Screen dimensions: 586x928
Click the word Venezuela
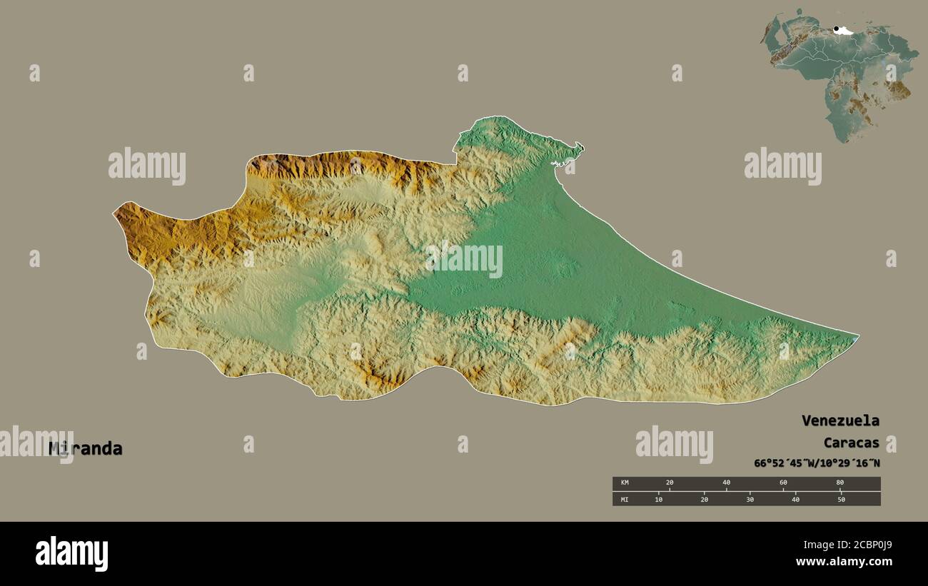[x=840, y=420]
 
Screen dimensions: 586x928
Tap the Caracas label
[x=851, y=442]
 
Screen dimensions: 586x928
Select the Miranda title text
[x=86, y=449]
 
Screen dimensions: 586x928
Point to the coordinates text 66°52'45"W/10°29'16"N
[x=817, y=463]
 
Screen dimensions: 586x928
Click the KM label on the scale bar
[x=625, y=483]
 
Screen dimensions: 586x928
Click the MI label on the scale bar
[x=625, y=499]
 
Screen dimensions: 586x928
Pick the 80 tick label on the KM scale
[x=839, y=483]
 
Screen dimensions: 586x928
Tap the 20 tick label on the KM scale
[x=669, y=483]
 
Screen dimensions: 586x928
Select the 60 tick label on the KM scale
[x=783, y=483]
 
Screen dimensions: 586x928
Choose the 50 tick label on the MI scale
[x=841, y=499]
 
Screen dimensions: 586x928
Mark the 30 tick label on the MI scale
[x=750, y=499]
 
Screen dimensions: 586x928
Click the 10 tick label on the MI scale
[x=658, y=499]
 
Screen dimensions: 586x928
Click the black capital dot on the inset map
[x=836, y=29]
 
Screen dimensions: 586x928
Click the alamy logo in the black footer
[x=71, y=553]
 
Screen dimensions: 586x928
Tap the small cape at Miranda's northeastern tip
[x=580, y=148]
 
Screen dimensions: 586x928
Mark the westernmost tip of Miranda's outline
[x=114, y=212]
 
